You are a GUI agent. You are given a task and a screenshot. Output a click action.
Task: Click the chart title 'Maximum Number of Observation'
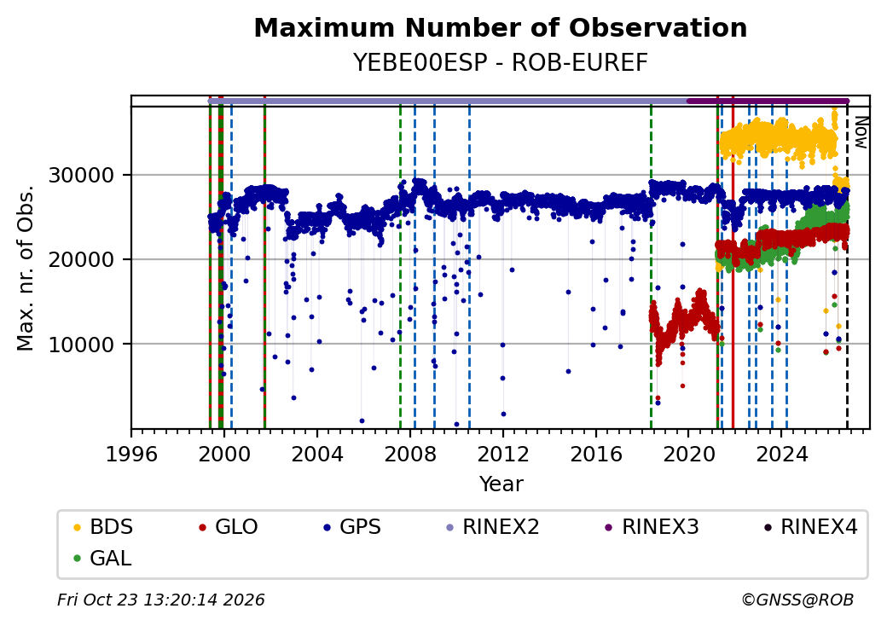point(500,27)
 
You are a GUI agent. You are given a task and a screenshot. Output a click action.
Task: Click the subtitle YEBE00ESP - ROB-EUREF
point(500,63)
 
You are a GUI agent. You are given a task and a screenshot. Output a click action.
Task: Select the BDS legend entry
point(103,527)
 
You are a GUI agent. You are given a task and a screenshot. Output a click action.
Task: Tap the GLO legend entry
point(228,527)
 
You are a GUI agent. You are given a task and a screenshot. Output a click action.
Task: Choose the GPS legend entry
point(352,527)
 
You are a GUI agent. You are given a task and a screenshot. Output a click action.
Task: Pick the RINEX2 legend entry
point(492,527)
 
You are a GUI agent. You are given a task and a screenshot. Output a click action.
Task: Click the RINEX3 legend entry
point(652,527)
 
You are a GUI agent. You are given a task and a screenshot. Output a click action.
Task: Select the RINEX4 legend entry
point(810,527)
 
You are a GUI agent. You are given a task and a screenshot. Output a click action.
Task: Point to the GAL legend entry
point(102,558)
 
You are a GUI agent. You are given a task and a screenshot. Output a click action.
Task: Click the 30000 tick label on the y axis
point(82,176)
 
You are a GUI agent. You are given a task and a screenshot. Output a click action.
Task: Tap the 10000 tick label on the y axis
point(82,345)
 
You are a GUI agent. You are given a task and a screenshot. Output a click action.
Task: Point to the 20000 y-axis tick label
point(82,260)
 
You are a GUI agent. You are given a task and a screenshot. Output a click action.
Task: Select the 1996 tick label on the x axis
point(132,454)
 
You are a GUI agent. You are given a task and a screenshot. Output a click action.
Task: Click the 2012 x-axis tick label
point(503,454)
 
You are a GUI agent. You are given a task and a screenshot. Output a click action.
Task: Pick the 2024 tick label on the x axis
point(782,454)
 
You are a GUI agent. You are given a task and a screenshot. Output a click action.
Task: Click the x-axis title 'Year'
point(501,484)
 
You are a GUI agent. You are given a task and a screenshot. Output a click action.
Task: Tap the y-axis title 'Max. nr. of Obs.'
point(26,268)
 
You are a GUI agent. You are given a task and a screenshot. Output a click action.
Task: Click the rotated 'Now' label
point(861,132)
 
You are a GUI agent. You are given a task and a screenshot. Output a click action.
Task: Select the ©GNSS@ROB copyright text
point(797,600)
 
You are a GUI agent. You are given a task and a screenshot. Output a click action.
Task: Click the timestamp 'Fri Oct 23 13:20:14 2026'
point(161,600)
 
